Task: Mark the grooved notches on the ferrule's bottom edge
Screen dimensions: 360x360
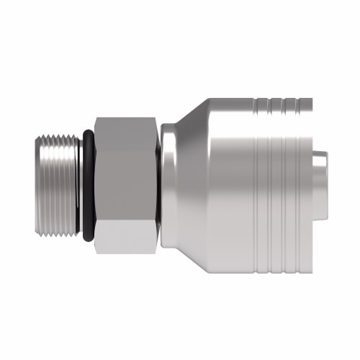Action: (x=277, y=266)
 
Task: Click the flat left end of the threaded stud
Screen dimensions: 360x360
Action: (x=35, y=184)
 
